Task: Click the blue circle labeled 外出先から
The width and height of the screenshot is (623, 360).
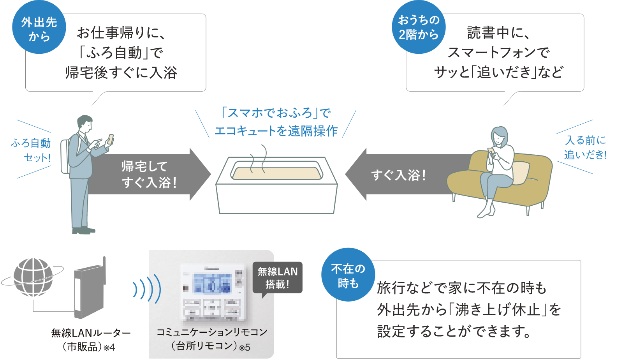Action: click(x=39, y=28)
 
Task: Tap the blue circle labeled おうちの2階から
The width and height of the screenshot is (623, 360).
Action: click(x=419, y=27)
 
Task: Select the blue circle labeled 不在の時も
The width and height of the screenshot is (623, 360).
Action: click(x=348, y=275)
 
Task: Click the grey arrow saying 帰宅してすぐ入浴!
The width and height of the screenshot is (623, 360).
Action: click(x=152, y=174)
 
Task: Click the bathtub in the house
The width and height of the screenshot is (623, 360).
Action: click(x=276, y=187)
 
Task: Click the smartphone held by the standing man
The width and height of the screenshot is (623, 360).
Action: click(x=111, y=139)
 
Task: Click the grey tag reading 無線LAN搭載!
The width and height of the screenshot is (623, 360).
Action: click(x=277, y=277)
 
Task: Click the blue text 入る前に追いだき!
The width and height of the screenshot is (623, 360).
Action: click(x=585, y=147)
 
